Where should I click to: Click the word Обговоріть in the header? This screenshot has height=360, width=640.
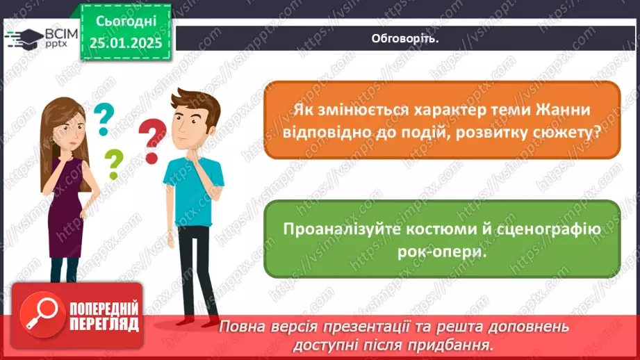(407, 38)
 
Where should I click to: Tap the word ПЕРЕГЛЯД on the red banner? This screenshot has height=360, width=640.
(104, 324)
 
